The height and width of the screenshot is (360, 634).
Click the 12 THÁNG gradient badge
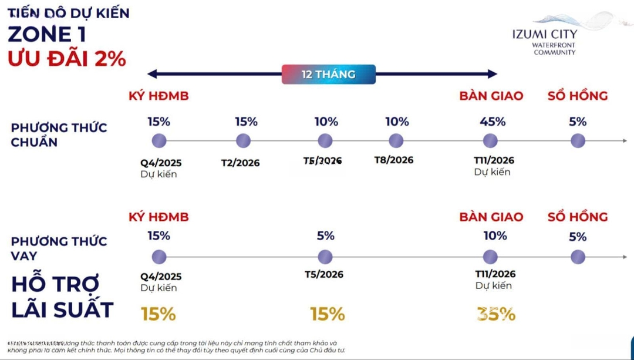coord(329,75)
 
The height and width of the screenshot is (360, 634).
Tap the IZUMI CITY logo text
coord(544,34)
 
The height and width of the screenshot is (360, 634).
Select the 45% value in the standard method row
coord(492,122)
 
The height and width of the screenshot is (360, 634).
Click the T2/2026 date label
coord(240,163)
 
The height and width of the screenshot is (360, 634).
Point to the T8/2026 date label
coord(394,160)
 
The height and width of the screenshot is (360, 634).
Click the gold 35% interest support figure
coord(496,314)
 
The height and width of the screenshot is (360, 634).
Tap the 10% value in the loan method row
coord(495,235)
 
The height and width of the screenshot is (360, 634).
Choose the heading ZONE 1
coord(47,34)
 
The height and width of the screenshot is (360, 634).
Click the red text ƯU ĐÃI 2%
coord(67,59)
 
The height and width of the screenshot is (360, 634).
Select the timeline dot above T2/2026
coord(243,141)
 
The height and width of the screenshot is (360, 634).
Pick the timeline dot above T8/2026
coord(396,141)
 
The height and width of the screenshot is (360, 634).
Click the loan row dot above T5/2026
coord(325,257)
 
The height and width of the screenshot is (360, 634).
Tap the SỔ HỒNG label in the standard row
coord(578,96)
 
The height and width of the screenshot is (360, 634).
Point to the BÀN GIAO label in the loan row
coord(491,217)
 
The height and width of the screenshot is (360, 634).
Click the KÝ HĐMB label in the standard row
coord(158,96)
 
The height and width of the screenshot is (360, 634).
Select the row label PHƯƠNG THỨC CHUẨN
coord(59,135)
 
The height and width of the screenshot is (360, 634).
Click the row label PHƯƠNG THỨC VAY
coord(59,248)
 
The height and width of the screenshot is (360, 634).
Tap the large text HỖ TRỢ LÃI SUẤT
coord(62,297)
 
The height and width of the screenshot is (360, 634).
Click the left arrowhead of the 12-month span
coord(151,74)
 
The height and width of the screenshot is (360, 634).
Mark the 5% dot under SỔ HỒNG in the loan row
coord(578,257)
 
